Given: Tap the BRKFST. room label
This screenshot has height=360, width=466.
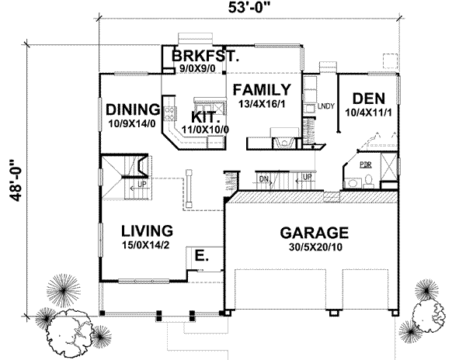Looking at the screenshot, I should coord(204,57).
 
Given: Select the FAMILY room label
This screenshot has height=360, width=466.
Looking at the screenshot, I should coord(263,89).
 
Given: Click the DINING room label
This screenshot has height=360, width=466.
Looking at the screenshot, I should coord(133,109).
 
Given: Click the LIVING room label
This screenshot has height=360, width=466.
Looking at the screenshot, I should coord(145,230).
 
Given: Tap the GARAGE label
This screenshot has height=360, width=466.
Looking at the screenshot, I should coord(313,232).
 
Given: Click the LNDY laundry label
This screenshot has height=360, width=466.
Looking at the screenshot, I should coord(325,107).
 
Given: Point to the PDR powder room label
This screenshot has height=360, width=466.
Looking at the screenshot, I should coord(365,165).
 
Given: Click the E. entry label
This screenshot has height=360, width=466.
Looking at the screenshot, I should coord(200,254).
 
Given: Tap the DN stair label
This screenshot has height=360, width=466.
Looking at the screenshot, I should coord(264,178).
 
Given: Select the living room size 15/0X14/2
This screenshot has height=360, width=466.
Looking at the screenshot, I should coord(145,245).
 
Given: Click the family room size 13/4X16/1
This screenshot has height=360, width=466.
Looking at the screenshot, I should coord(263,104).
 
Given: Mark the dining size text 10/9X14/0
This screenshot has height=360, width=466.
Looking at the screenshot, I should coord(133,123).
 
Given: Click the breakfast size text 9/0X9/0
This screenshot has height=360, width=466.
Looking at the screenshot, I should coord(197,69).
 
